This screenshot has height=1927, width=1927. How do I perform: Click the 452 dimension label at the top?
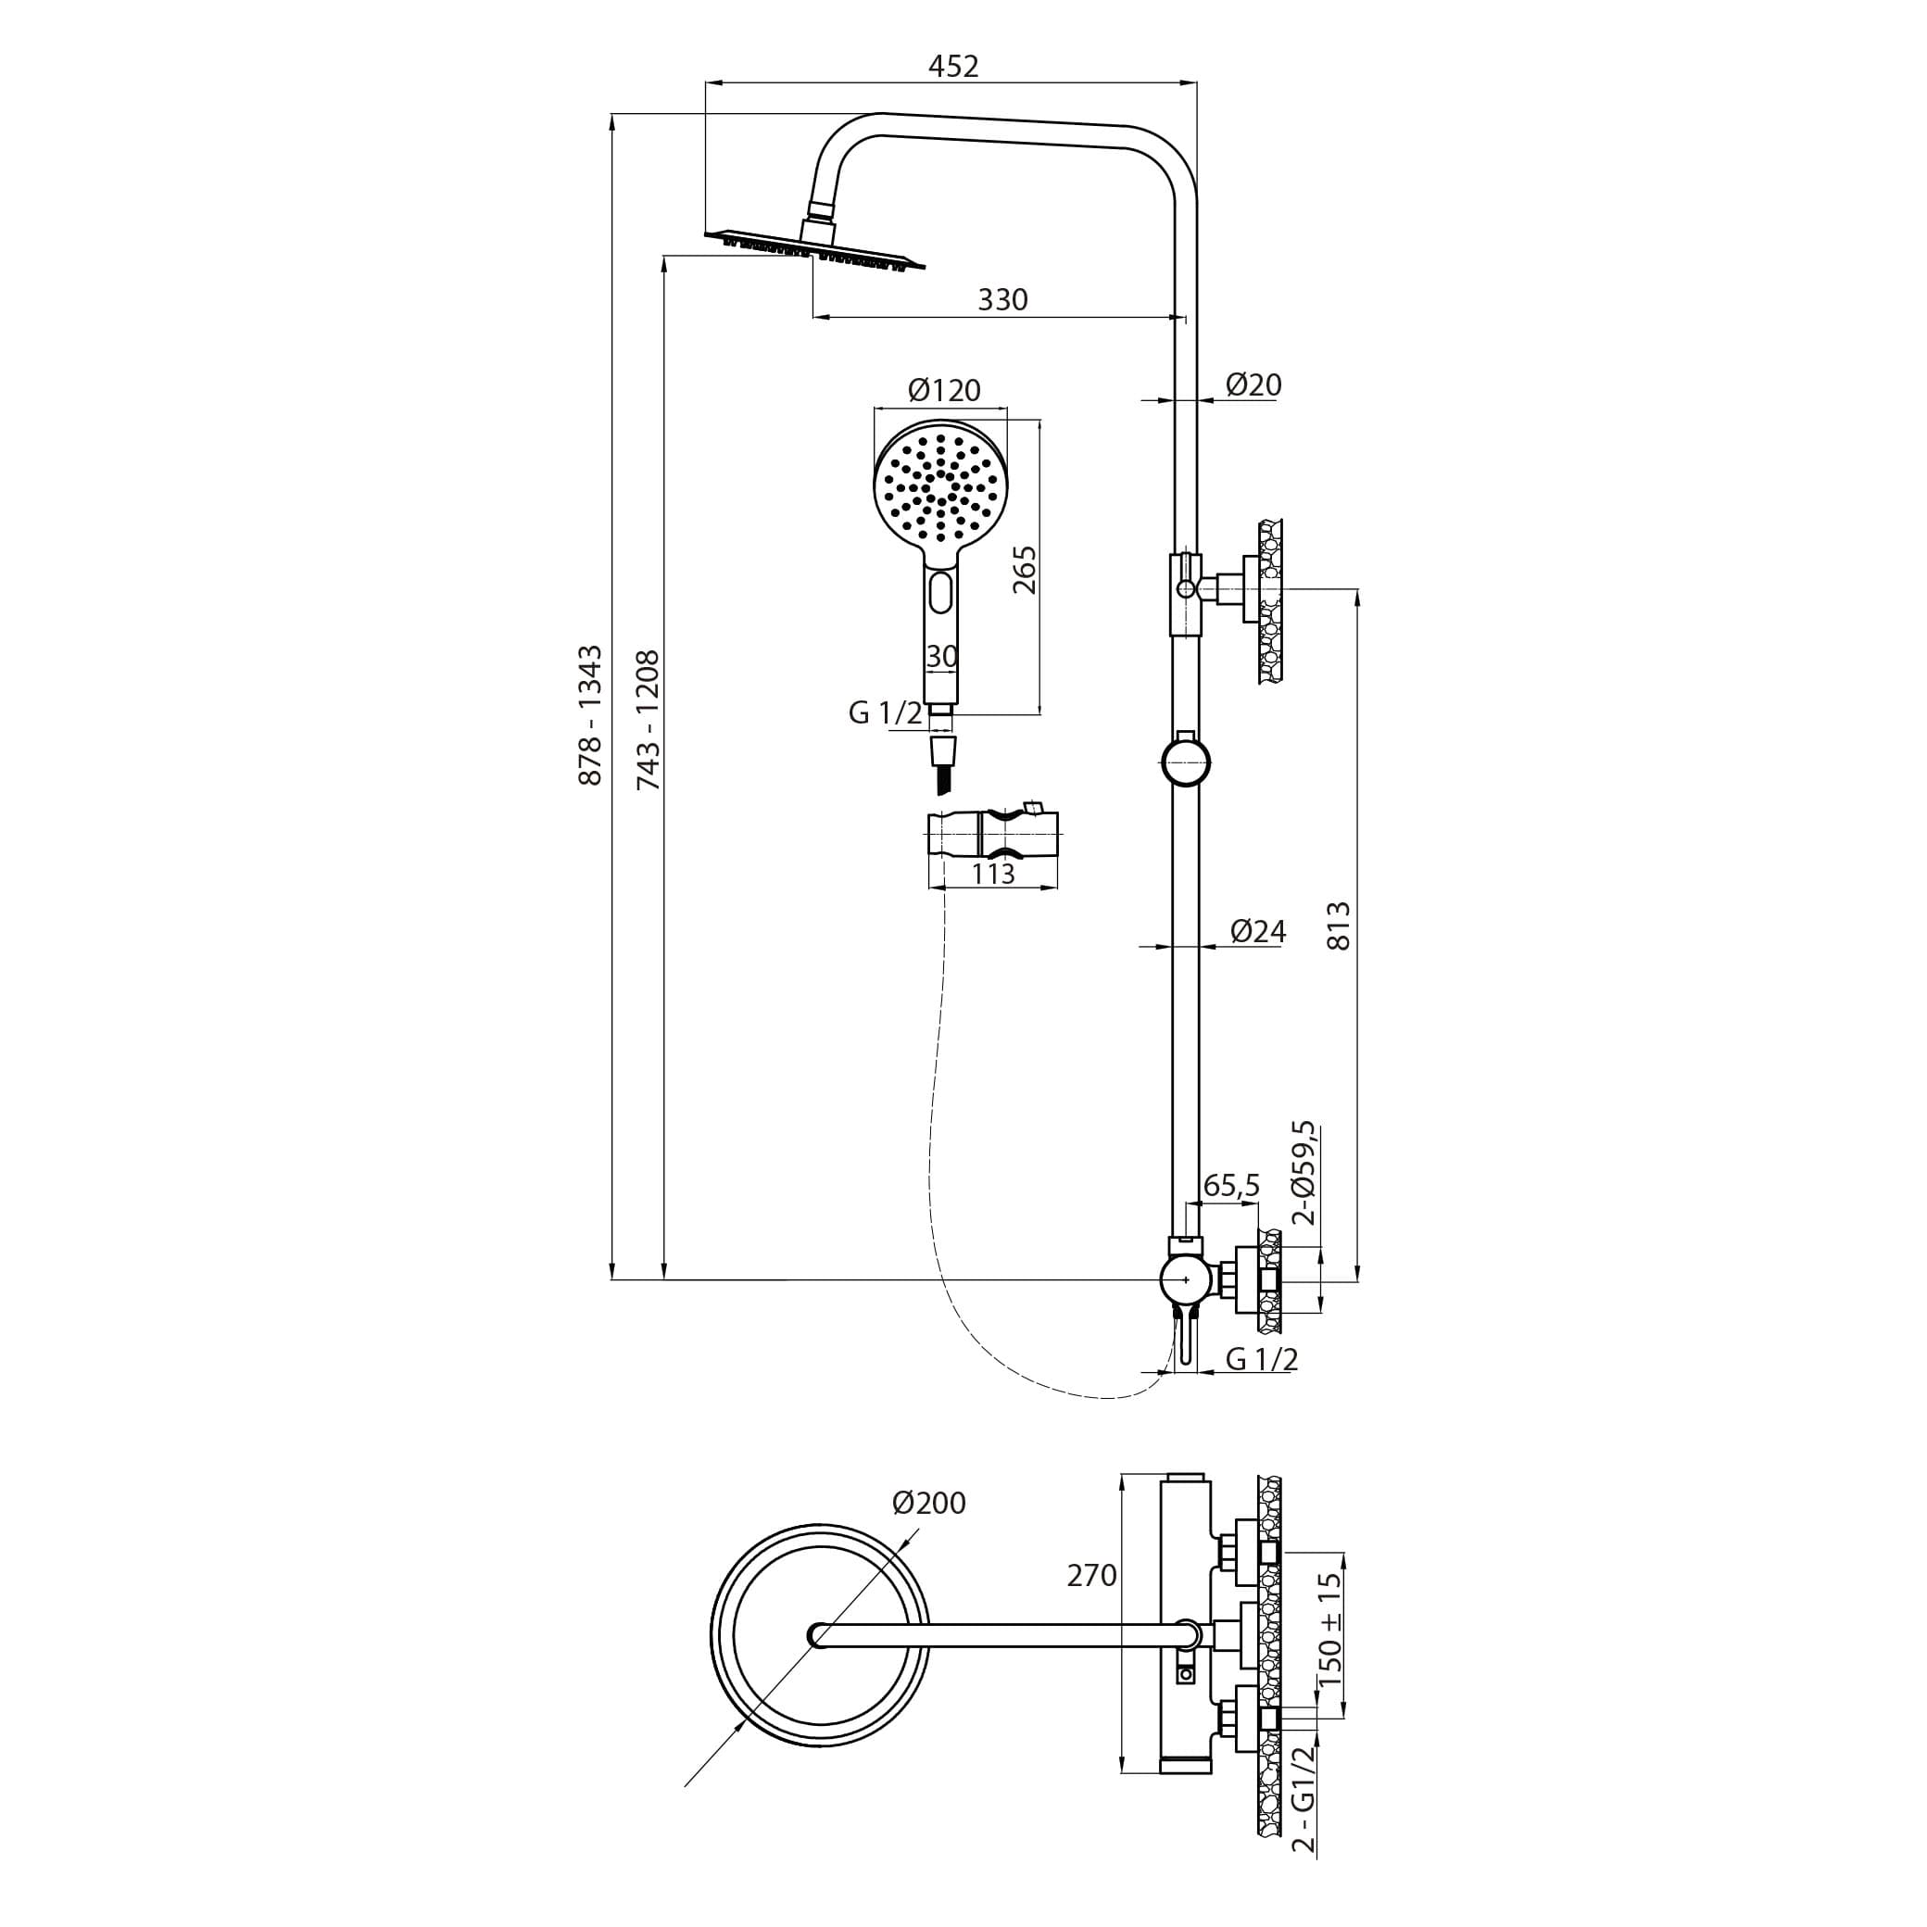(953, 66)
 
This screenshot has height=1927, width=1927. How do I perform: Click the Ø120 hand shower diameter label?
(943, 389)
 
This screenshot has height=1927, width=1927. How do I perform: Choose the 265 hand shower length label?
(1025, 570)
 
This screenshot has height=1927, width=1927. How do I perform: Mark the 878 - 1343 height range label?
(590, 714)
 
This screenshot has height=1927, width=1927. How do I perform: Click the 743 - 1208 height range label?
(649, 719)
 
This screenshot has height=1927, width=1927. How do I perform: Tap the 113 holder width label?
(992, 874)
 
